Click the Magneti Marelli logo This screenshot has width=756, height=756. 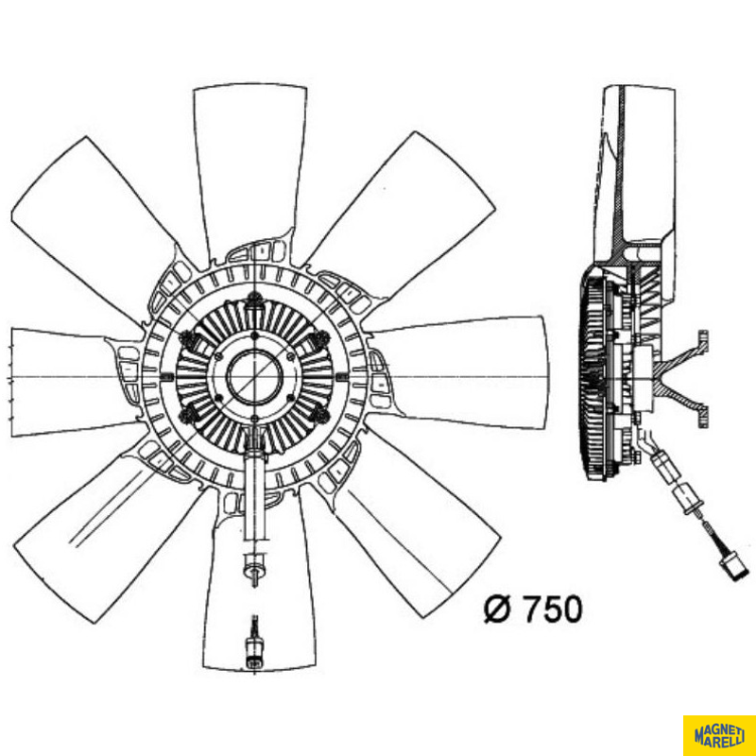point(719,736)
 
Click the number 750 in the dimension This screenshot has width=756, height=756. point(553,609)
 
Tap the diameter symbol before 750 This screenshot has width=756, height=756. point(497,609)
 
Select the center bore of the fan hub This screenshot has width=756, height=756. point(254,376)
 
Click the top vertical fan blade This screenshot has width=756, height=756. point(250,169)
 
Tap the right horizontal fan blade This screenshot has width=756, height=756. point(463,372)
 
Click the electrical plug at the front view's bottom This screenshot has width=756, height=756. point(254,645)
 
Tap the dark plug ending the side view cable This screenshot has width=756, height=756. point(734,569)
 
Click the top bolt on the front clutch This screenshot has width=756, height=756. point(253,301)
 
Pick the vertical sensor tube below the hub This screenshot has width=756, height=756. point(255,497)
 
